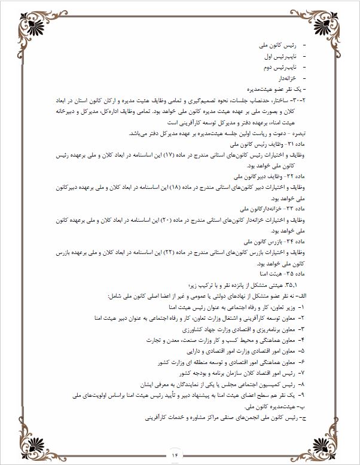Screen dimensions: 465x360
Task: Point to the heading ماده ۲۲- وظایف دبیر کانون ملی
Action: pyautogui.click(x=271, y=178)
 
